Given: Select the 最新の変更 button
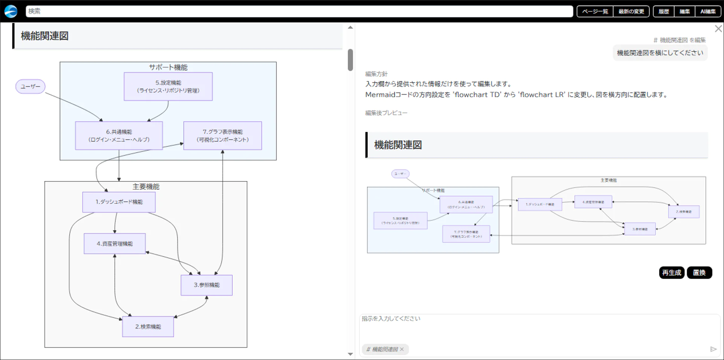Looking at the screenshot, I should [x=631, y=11].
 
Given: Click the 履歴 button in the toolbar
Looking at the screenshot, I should [x=663, y=11].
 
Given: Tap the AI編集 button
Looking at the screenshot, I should [x=708, y=11].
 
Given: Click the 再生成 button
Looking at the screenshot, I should [x=671, y=272].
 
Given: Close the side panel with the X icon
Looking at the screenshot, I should [x=718, y=29].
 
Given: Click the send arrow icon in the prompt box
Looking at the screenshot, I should [x=713, y=349].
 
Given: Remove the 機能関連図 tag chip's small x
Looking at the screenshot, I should [x=402, y=349].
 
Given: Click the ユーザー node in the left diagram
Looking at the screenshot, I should [x=30, y=86].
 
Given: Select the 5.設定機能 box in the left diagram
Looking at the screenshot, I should [x=168, y=86].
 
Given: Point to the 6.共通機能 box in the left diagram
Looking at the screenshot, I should [x=119, y=136].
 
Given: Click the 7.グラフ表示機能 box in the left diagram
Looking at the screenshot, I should [x=222, y=136].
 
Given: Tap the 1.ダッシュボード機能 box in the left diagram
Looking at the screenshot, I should [x=119, y=202].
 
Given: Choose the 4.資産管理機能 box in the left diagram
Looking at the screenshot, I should [x=115, y=244].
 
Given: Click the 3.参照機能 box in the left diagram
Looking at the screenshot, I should [x=206, y=285].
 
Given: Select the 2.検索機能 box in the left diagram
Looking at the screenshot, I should [x=148, y=326].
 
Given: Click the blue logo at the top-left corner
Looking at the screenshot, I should [x=11, y=11].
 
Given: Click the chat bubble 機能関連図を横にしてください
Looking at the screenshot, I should [x=660, y=53].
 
